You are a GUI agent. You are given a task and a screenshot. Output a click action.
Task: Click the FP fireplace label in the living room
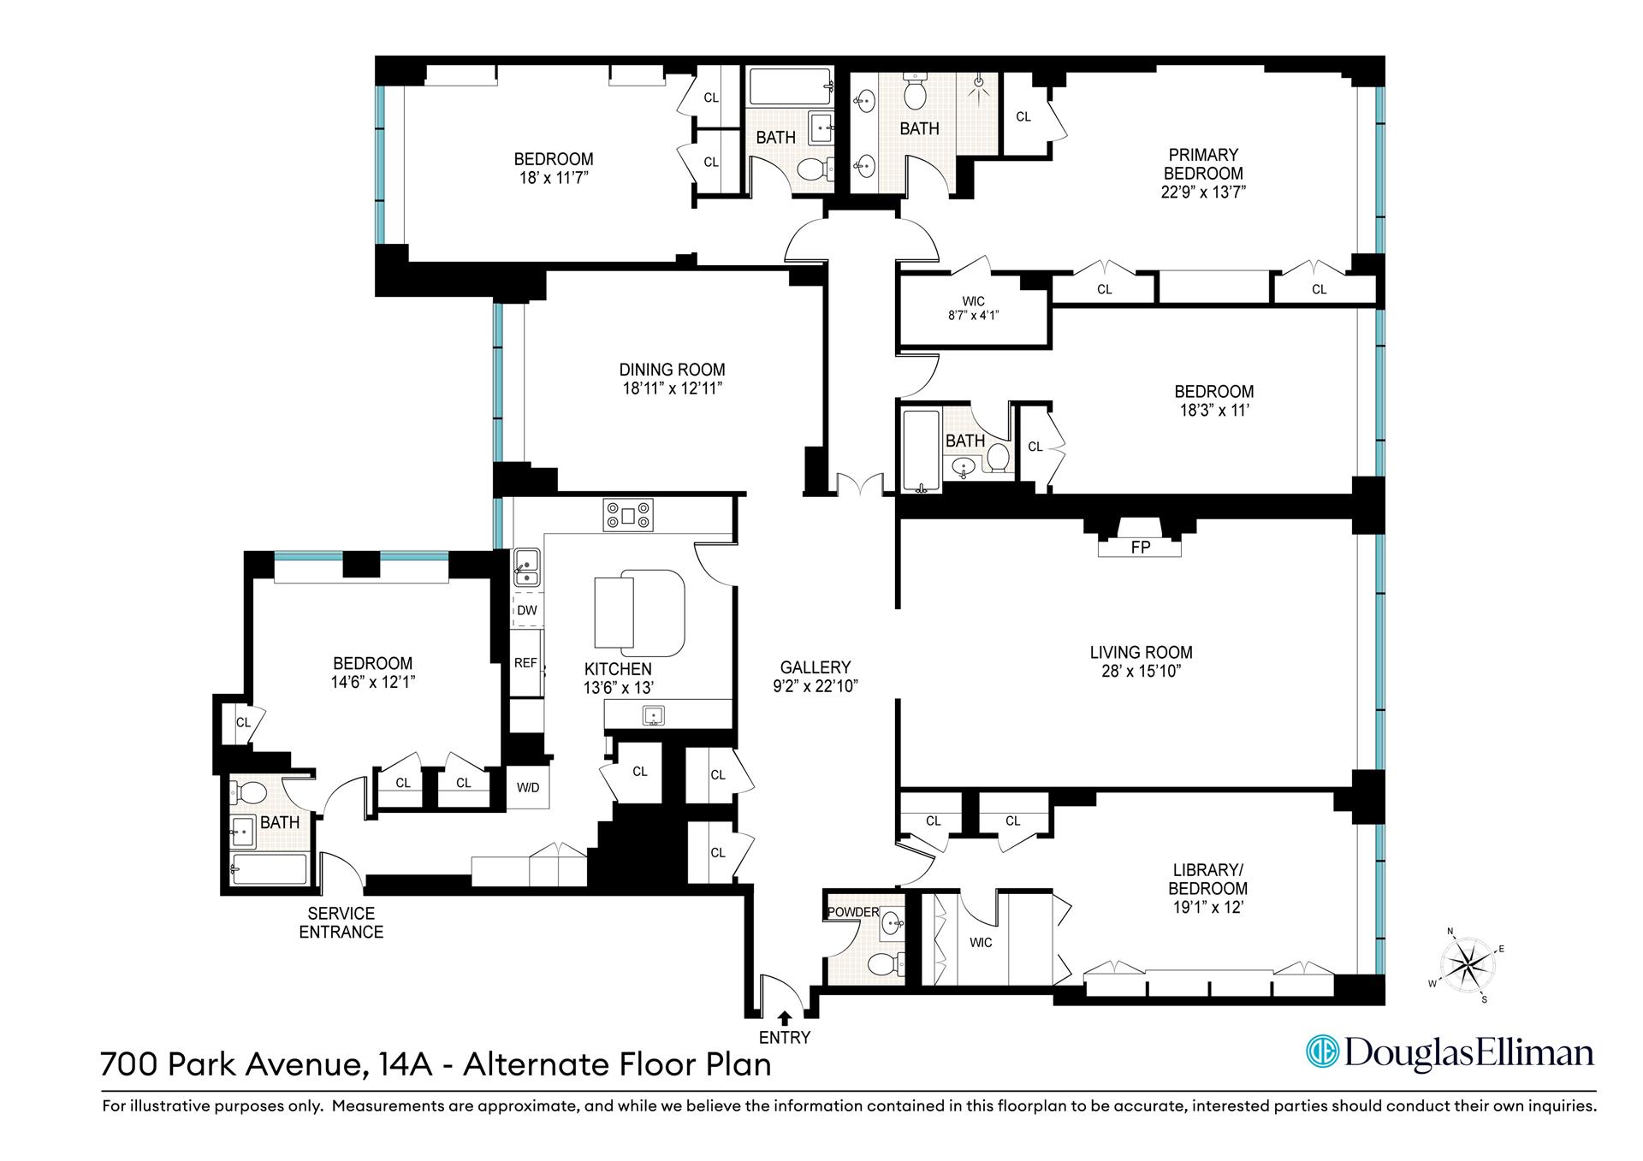1140,548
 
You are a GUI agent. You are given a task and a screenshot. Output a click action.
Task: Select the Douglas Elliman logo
1450,1052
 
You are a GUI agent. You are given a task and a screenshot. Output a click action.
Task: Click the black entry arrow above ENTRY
784,1017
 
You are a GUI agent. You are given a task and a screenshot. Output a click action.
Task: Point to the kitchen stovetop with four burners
628,516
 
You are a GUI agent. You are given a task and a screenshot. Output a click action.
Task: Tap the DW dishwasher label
527,610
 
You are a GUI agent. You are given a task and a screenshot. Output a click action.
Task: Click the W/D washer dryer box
528,788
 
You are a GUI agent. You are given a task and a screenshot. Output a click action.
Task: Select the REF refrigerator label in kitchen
525,663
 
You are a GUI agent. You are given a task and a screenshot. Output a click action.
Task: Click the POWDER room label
853,912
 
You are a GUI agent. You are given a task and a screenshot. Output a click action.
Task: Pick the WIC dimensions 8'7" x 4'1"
973,315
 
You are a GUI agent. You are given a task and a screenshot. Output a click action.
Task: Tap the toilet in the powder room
887,963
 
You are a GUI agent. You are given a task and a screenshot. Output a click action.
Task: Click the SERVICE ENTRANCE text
341,922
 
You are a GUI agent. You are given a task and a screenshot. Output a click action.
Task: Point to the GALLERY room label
815,667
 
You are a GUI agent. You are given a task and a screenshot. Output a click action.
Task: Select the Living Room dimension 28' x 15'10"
1141,672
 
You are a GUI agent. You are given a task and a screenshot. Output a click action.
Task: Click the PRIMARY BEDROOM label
1202,163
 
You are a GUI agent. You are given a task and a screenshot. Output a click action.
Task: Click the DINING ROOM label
672,370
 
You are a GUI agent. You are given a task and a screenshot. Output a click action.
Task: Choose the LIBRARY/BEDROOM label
1207,879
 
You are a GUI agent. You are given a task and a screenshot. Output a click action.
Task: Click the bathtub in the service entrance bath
269,869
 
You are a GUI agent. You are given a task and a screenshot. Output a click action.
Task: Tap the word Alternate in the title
537,1064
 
